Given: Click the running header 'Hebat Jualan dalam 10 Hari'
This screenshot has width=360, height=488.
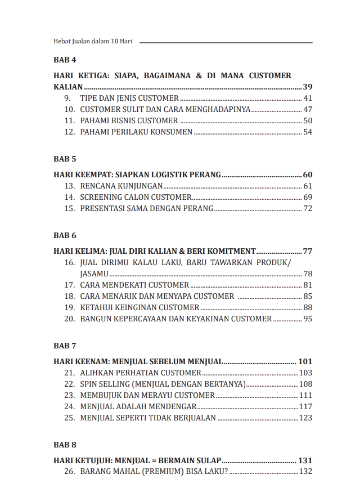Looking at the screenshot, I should (93, 42).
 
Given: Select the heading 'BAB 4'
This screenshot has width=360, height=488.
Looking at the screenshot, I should (65, 60).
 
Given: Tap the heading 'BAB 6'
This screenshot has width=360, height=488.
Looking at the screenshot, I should (65, 235).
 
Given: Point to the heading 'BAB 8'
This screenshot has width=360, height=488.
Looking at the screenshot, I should (65, 445).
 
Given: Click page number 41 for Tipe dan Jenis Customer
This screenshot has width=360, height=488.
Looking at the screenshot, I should (308, 99).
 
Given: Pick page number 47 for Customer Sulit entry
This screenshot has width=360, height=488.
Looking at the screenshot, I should (308, 110).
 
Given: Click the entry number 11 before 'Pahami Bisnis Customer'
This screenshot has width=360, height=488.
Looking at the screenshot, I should (70, 121).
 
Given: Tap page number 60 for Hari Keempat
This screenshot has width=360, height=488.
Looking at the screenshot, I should (307, 174).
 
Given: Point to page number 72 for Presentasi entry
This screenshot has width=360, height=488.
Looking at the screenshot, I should (308, 208).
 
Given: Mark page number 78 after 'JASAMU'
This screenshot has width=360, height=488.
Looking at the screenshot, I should (308, 274).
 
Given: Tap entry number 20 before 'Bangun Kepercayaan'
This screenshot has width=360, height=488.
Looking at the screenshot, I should (70, 319).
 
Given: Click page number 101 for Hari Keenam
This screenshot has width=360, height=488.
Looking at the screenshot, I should (305, 361).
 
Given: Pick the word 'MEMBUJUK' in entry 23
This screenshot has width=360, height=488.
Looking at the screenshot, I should (100, 395).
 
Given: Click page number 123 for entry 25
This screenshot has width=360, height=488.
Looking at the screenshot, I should (305, 418).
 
